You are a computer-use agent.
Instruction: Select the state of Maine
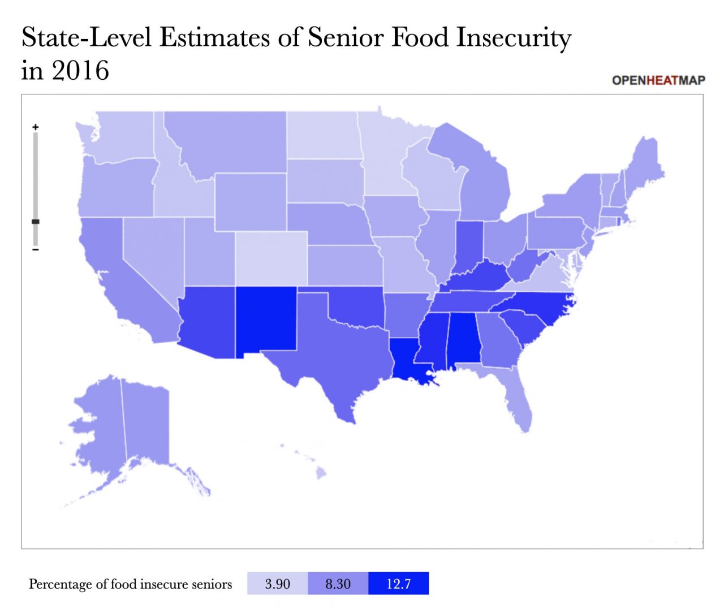[x=645, y=164]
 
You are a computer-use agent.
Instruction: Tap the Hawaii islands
[x=320, y=472]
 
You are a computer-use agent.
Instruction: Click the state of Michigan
[x=486, y=187]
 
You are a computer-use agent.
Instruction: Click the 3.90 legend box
[x=277, y=584]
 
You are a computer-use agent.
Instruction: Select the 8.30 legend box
[x=338, y=584]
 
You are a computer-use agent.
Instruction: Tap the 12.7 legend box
[x=398, y=584]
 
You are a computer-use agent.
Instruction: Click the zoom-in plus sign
[x=36, y=127]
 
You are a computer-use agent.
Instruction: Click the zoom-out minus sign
[x=36, y=249]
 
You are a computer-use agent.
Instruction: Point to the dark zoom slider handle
[x=36, y=222]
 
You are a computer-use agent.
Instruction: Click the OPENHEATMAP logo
[x=658, y=80]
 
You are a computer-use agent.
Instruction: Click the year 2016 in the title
[x=80, y=71]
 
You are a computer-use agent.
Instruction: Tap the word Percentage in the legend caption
[x=59, y=584]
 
